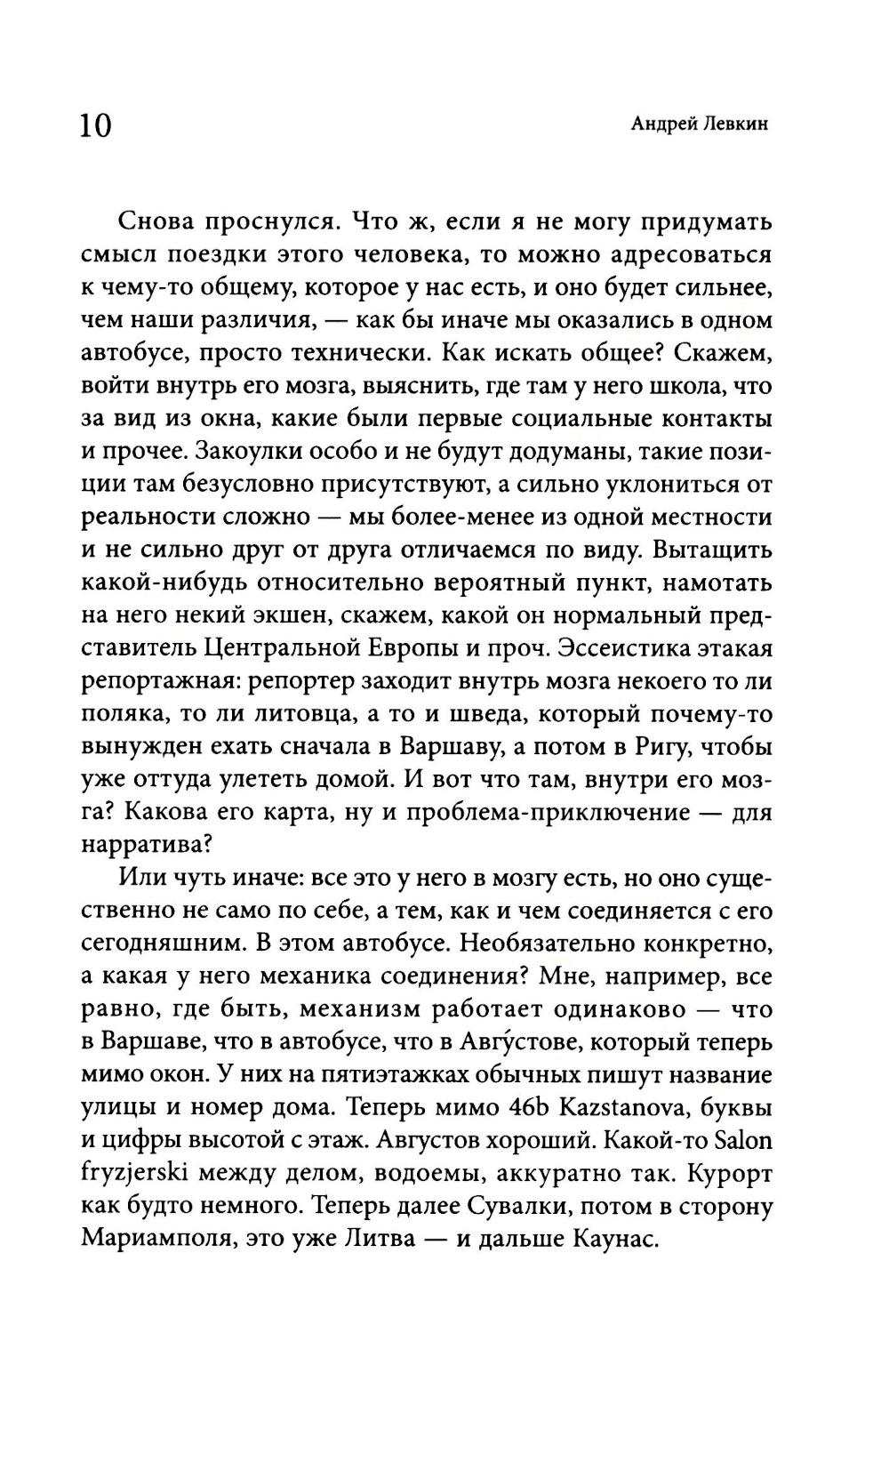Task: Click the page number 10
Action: pos(96,126)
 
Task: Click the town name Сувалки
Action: pos(533,1207)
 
